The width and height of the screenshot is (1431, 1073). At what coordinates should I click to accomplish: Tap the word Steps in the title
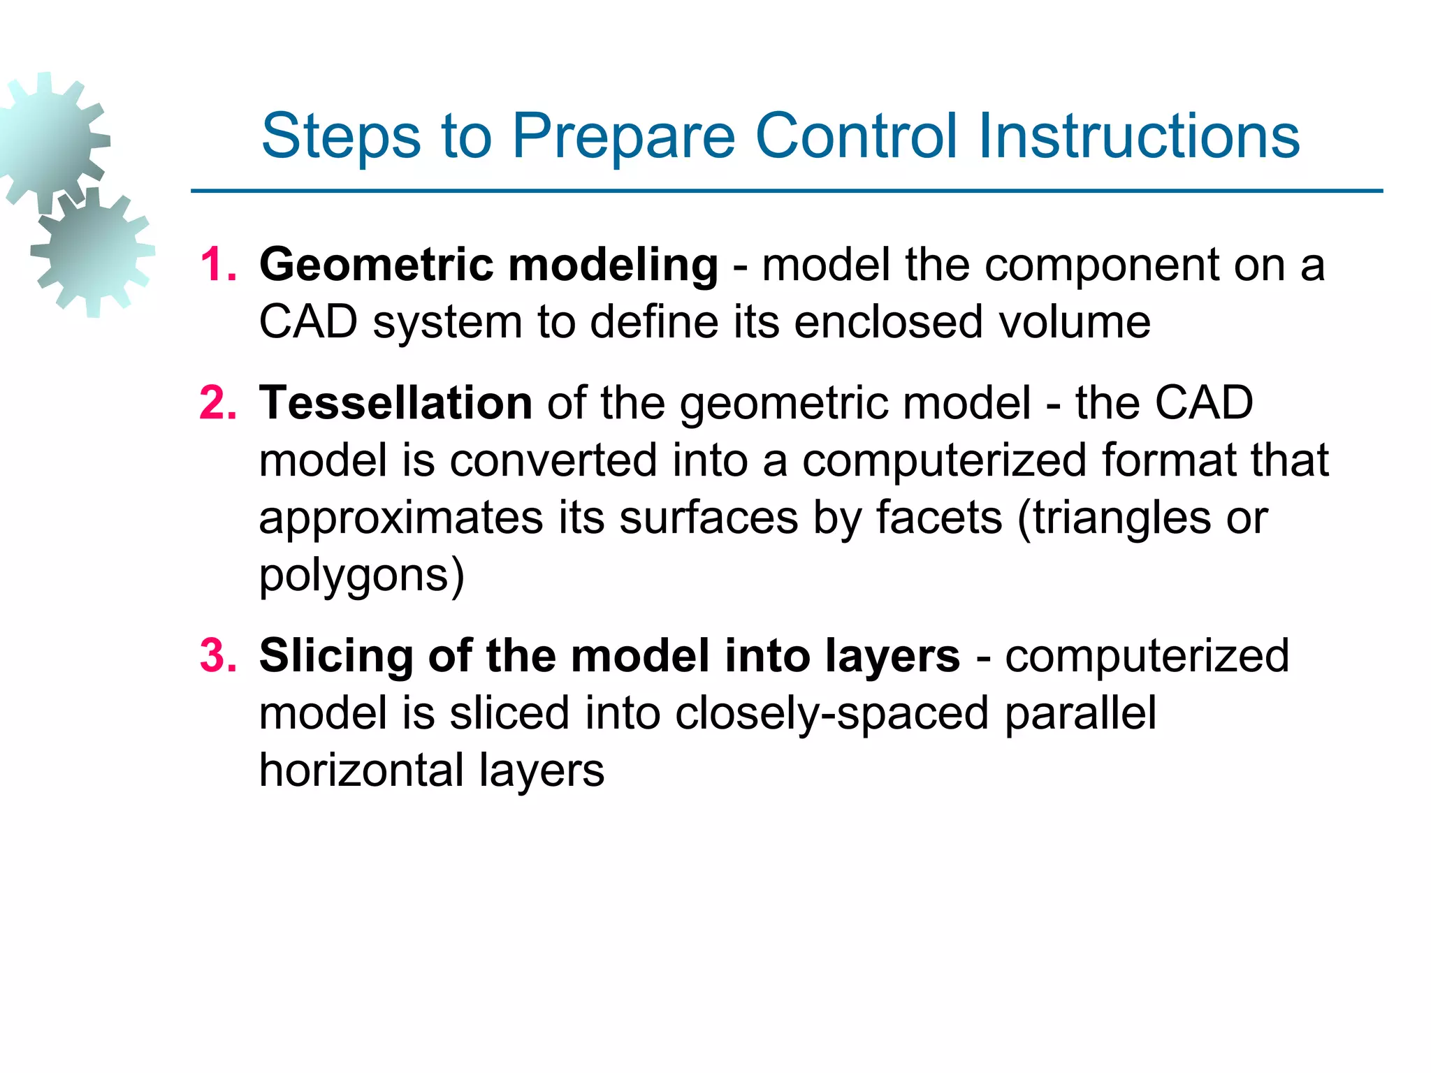pos(341,137)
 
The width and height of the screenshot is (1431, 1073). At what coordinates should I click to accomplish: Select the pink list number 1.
pos(217,265)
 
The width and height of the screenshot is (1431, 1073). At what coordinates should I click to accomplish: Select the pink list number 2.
pos(217,404)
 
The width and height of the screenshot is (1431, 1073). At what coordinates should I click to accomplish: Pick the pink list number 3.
pos(217,657)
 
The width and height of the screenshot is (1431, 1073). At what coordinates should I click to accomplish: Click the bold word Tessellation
pos(395,403)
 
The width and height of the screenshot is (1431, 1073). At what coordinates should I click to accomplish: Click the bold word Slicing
pos(336,657)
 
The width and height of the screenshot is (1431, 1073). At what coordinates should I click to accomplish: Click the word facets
pos(939,518)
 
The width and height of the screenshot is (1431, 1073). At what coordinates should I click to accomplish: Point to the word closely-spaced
pos(831,714)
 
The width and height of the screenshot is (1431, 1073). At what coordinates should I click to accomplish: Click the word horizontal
pos(361,771)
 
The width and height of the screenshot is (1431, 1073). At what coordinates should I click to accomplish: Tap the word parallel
pos(1080,713)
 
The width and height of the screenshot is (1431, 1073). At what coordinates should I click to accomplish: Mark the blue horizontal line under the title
pos(786,191)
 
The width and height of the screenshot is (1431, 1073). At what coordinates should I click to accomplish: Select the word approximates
pos(400,519)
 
